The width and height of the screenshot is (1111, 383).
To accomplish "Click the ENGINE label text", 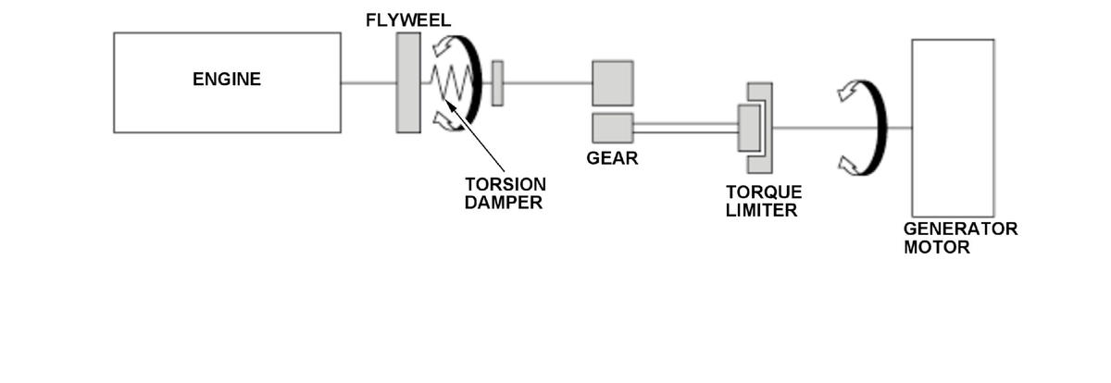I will pos(227,80).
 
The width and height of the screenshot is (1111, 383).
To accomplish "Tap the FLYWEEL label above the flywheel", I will pos(407,20).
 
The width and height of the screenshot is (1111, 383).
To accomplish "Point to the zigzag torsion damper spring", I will pos(450,83).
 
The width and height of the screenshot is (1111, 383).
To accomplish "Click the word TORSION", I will pos(506,184).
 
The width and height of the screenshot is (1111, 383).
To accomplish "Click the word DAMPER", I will pos(503,203).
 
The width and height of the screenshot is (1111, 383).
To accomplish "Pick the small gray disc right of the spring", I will pos(497,83).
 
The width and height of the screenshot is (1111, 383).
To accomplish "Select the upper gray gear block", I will pos(613,82).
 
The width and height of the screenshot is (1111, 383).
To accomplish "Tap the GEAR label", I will pos(612,158).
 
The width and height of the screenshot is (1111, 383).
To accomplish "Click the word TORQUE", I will pos(764,192).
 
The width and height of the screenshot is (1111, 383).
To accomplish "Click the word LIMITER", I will pos(762,211).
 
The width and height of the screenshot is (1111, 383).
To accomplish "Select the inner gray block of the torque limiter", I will pos(748,128).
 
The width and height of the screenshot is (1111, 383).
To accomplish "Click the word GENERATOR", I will pos(960,229).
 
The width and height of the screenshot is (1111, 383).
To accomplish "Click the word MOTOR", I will pos(937,248).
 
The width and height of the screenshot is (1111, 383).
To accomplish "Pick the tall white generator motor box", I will pos(953,128).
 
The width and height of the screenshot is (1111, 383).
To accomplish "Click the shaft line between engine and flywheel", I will pos(368,83).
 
